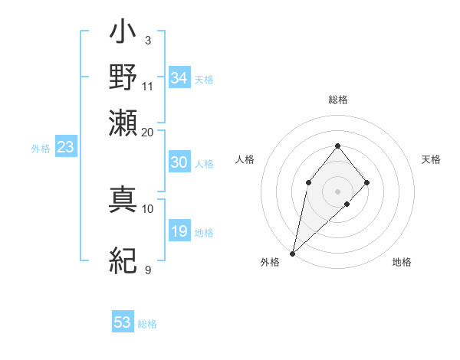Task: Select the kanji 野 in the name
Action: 123,78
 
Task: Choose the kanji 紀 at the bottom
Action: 123,262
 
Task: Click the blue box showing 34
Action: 179,78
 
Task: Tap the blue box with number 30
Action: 179,162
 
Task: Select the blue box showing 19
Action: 179,231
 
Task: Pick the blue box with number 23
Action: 65,147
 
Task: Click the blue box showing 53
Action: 123,322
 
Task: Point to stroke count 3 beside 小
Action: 147,39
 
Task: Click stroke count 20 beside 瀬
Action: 148,132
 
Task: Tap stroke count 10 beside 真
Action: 148,208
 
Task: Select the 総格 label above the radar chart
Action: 338,100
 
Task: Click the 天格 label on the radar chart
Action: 431,159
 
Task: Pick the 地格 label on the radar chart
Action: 402,262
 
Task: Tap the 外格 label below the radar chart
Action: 270,262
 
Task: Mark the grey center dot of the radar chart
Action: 338,190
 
